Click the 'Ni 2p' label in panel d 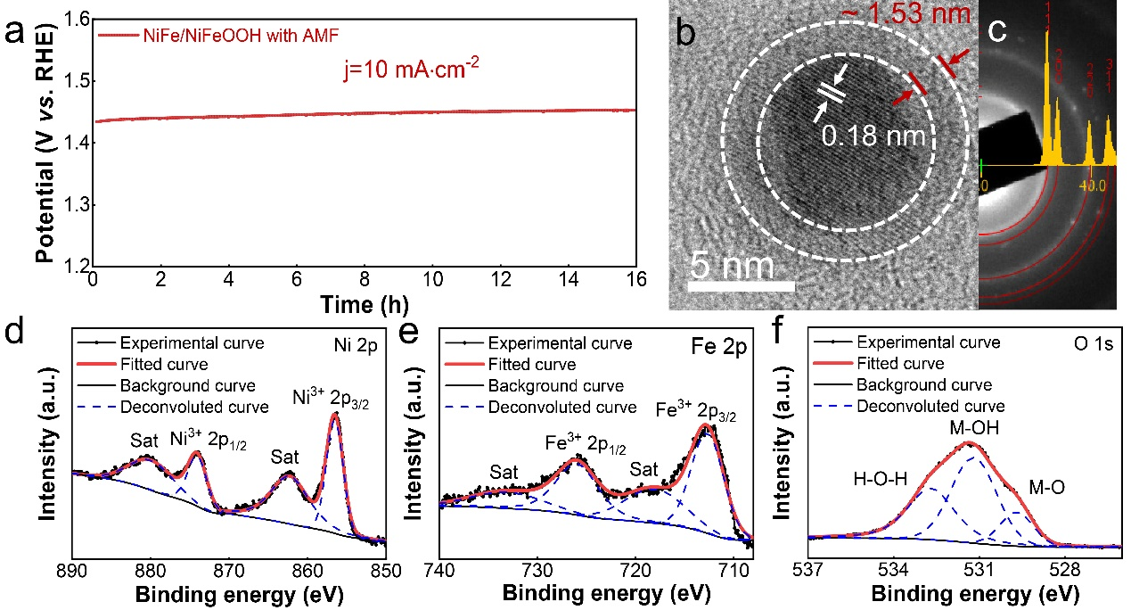(359, 342)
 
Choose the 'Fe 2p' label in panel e (724, 342)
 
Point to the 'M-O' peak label (1047, 488)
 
